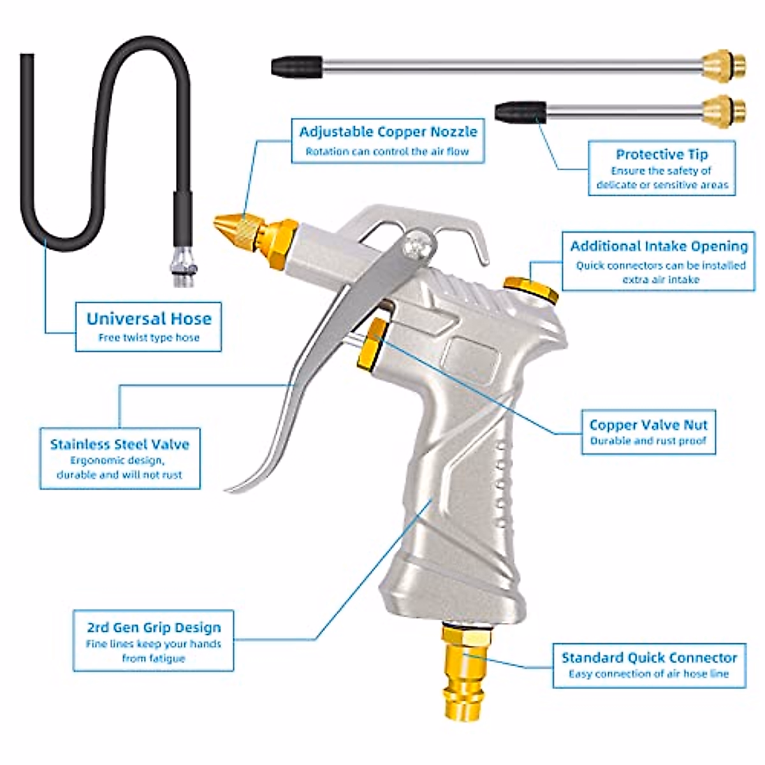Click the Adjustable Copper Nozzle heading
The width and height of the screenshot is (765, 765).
[388, 132]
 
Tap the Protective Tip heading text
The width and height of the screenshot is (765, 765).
[661, 154]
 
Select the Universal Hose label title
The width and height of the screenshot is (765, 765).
[149, 319]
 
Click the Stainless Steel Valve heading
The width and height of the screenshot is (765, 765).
[120, 444]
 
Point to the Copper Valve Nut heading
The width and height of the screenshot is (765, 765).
[648, 425]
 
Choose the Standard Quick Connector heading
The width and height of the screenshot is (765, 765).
[648, 657]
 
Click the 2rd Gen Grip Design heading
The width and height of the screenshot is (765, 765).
[154, 627]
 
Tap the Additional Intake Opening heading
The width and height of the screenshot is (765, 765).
[659, 246]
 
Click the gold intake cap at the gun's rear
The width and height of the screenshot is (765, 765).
[531, 288]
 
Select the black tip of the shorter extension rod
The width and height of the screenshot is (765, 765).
[520, 111]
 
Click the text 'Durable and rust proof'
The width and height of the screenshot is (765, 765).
[648, 441]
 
